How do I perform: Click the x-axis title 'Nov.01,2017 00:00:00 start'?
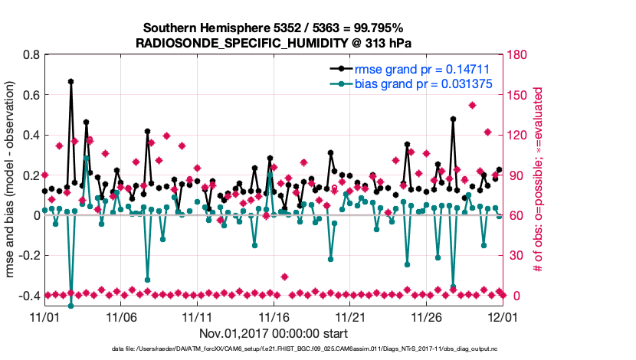274,333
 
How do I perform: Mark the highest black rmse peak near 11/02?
70,81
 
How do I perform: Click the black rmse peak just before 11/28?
454,119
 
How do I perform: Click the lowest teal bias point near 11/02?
70,305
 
